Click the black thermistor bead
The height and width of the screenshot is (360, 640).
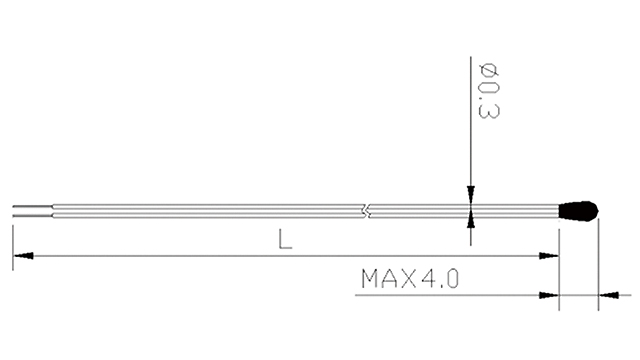coord(578,210)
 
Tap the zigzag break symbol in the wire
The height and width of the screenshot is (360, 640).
coord(367,211)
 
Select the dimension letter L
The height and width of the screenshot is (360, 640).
coord(286,241)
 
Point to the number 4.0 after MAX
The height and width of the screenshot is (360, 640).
coord(441,278)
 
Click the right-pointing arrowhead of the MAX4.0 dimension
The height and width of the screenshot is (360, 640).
coord(548,295)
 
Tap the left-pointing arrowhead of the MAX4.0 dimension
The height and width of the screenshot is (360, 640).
coord(606,295)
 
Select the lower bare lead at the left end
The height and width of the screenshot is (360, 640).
coord(30,214)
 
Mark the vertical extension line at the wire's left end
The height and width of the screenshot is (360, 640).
coord(12,245)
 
